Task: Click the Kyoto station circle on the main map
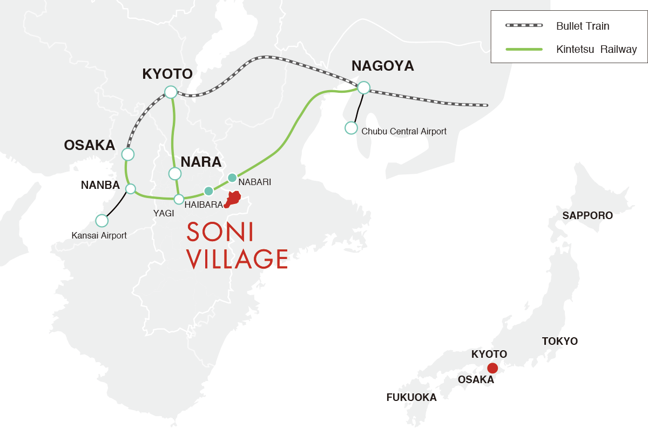(x=171, y=92)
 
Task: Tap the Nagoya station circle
(x=363, y=87)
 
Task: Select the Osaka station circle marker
(x=128, y=154)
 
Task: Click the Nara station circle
(x=174, y=173)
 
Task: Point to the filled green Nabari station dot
(x=232, y=178)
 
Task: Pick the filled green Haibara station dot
(x=208, y=190)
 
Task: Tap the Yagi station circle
(x=179, y=199)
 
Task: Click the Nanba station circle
(x=130, y=188)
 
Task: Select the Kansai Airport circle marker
(x=102, y=220)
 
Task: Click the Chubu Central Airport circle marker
(x=351, y=128)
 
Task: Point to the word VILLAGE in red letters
(x=237, y=259)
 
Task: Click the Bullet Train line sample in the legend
(x=523, y=26)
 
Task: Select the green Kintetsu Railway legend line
(x=523, y=49)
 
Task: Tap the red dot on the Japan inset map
(x=492, y=368)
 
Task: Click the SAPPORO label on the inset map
(x=588, y=216)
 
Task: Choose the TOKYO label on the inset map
(x=559, y=341)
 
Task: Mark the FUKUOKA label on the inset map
(x=411, y=398)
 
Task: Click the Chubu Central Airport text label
(x=404, y=131)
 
